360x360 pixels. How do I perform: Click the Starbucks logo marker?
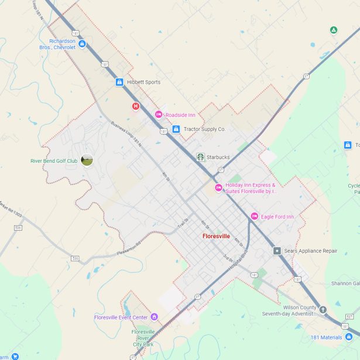(x=200, y=157)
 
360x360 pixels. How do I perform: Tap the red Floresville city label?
(x=217, y=236)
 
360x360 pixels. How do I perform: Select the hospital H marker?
(x=136, y=106)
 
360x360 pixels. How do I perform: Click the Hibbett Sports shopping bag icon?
(x=119, y=83)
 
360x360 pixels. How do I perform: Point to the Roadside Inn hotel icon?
(x=158, y=115)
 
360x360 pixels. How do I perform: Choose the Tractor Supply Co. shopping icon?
(x=176, y=129)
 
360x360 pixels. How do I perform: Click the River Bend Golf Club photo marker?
(x=87, y=160)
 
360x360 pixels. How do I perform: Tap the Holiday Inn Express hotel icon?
(x=218, y=188)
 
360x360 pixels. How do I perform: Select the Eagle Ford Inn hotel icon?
(x=254, y=217)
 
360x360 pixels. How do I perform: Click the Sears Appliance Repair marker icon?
(x=277, y=251)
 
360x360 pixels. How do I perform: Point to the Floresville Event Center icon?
(x=154, y=317)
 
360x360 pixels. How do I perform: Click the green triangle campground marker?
(x=334, y=29)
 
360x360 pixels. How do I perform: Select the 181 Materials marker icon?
(x=349, y=337)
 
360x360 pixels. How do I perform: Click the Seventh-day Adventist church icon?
(x=322, y=310)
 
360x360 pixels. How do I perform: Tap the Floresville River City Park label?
(x=143, y=338)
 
